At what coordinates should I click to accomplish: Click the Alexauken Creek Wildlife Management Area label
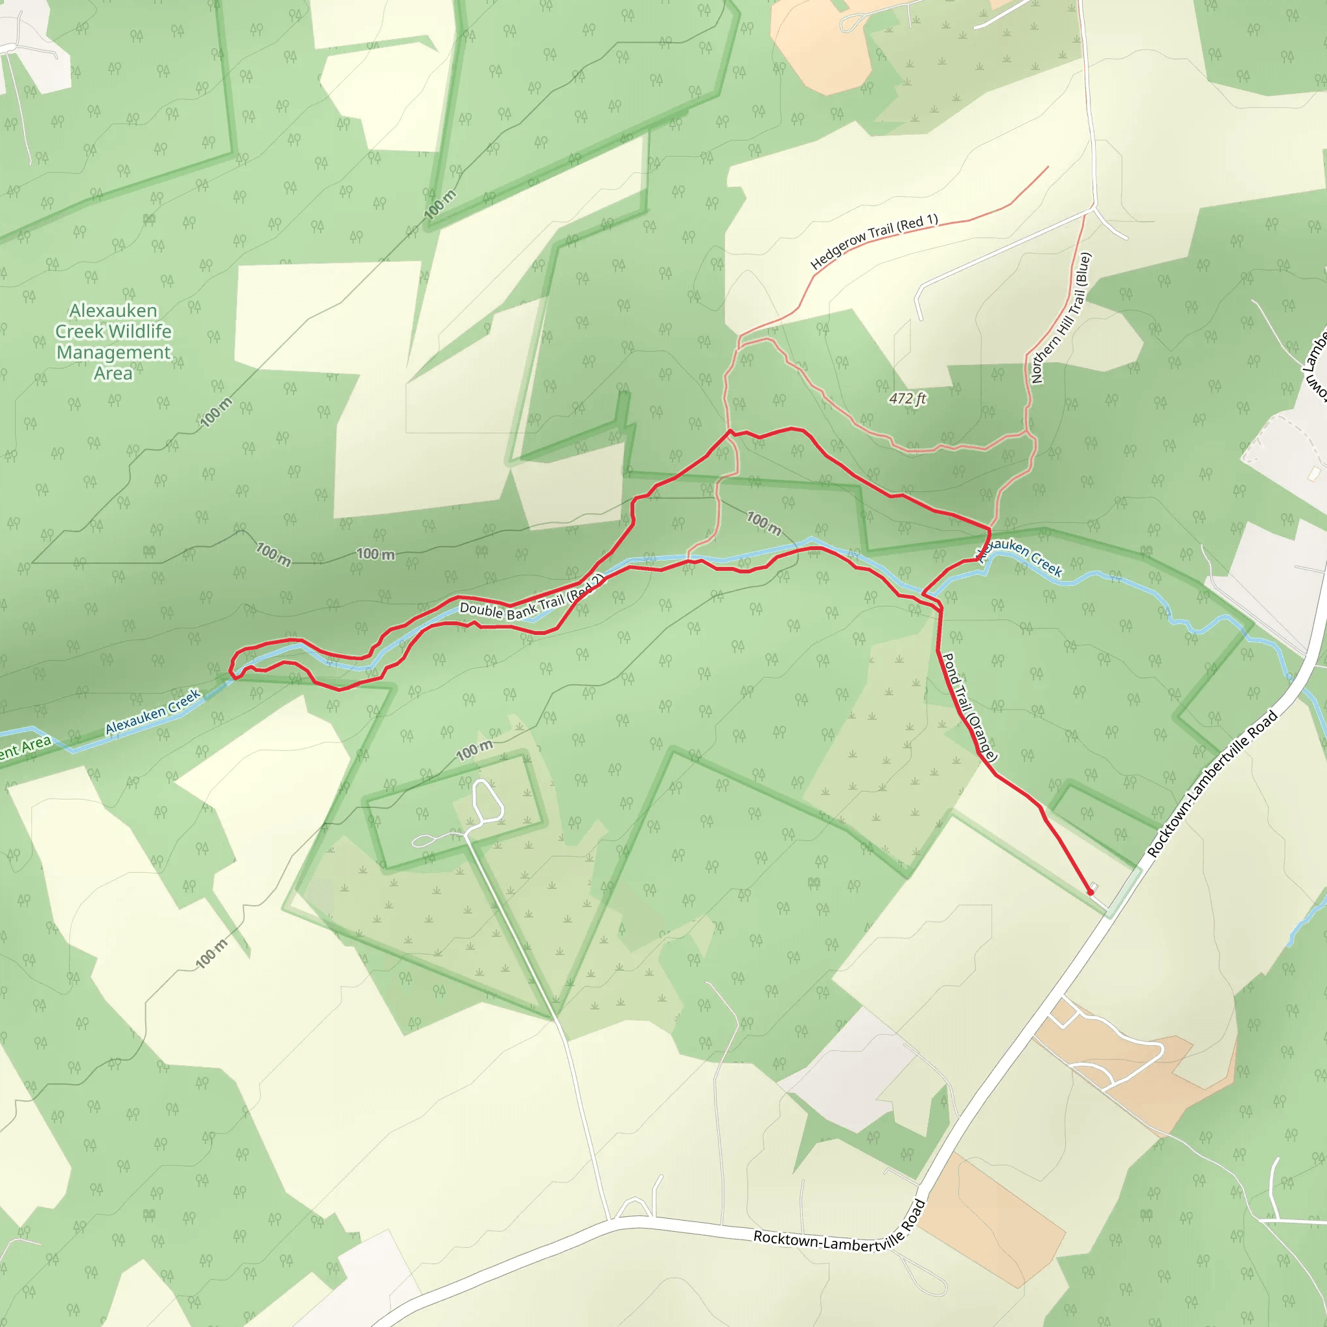pos(113,341)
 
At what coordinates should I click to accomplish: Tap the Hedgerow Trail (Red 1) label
pos(873,241)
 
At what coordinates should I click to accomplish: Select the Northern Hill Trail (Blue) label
pos(1061,318)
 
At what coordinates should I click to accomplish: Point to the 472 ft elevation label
pos(907,398)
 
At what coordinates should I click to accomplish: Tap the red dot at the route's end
pos(1090,892)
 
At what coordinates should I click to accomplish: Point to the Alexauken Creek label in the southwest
pos(152,711)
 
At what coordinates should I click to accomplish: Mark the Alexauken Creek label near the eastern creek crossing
pos(1023,557)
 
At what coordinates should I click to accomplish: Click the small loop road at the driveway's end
pos(487,801)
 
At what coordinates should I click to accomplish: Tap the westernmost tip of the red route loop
pos(231,668)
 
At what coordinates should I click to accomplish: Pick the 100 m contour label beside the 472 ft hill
pos(764,523)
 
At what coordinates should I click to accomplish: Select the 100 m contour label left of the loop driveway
pos(474,750)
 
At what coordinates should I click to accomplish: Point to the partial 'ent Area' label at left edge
pos(25,746)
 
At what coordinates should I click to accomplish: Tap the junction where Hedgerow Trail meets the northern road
pos(1093,206)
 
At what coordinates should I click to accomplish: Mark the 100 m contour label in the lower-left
pos(211,954)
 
